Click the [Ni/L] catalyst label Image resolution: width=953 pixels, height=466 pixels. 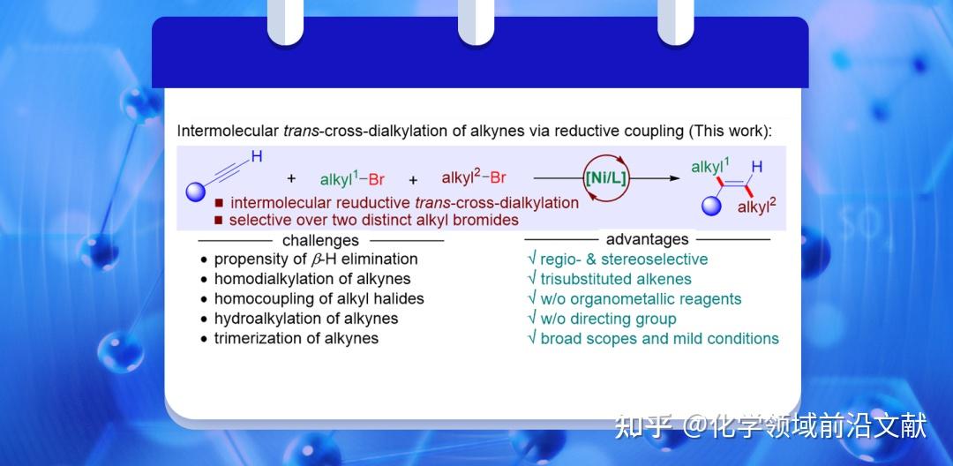[605, 178]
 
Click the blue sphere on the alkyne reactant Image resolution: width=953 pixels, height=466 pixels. [196, 192]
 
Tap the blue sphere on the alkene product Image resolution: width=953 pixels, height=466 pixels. [712, 207]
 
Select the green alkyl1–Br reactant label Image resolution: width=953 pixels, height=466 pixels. [352, 179]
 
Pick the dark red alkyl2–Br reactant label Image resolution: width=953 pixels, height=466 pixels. [474, 177]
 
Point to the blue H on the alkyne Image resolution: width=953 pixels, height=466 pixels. [257, 157]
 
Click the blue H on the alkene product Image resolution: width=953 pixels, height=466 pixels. [757, 167]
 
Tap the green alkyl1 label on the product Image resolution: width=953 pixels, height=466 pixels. [710, 166]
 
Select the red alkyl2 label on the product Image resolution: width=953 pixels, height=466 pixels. [757, 207]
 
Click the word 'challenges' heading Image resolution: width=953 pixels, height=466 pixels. [320, 241]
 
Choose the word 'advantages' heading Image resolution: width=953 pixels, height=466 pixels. [648, 239]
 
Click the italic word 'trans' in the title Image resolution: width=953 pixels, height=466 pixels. [302, 132]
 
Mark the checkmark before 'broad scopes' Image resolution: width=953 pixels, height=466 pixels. [532, 338]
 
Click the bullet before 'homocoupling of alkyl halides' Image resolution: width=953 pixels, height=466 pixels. [204, 299]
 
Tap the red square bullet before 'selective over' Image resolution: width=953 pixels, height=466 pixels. [219, 220]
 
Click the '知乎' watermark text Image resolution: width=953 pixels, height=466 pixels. [643, 426]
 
